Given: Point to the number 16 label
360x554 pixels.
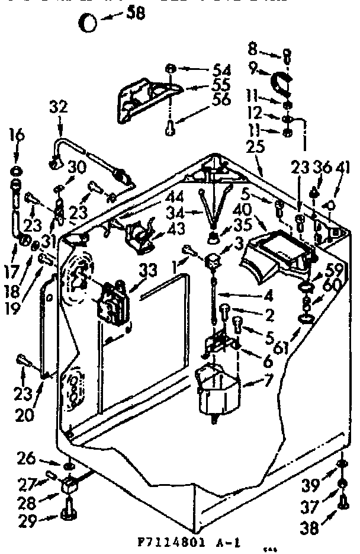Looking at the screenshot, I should pyautogui.click(x=17, y=136).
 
